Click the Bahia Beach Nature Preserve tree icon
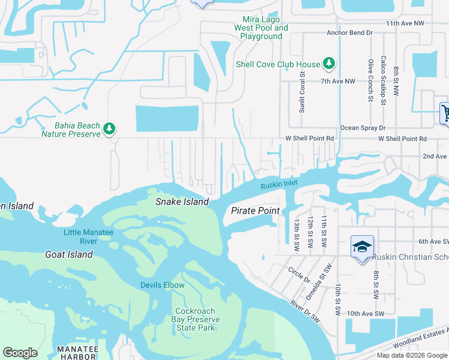[x=109, y=128]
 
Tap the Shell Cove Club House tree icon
[x=328, y=63]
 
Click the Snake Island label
[x=182, y=202]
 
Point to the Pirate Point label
[x=255, y=211]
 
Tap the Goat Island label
[x=69, y=254]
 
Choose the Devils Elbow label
[x=163, y=285]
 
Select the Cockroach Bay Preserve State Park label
[x=194, y=319]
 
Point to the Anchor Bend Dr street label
[x=350, y=32]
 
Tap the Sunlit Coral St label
[x=303, y=92]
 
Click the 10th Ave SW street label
[x=364, y=314]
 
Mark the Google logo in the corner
[x=20, y=353]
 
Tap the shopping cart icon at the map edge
[x=445, y=112]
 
